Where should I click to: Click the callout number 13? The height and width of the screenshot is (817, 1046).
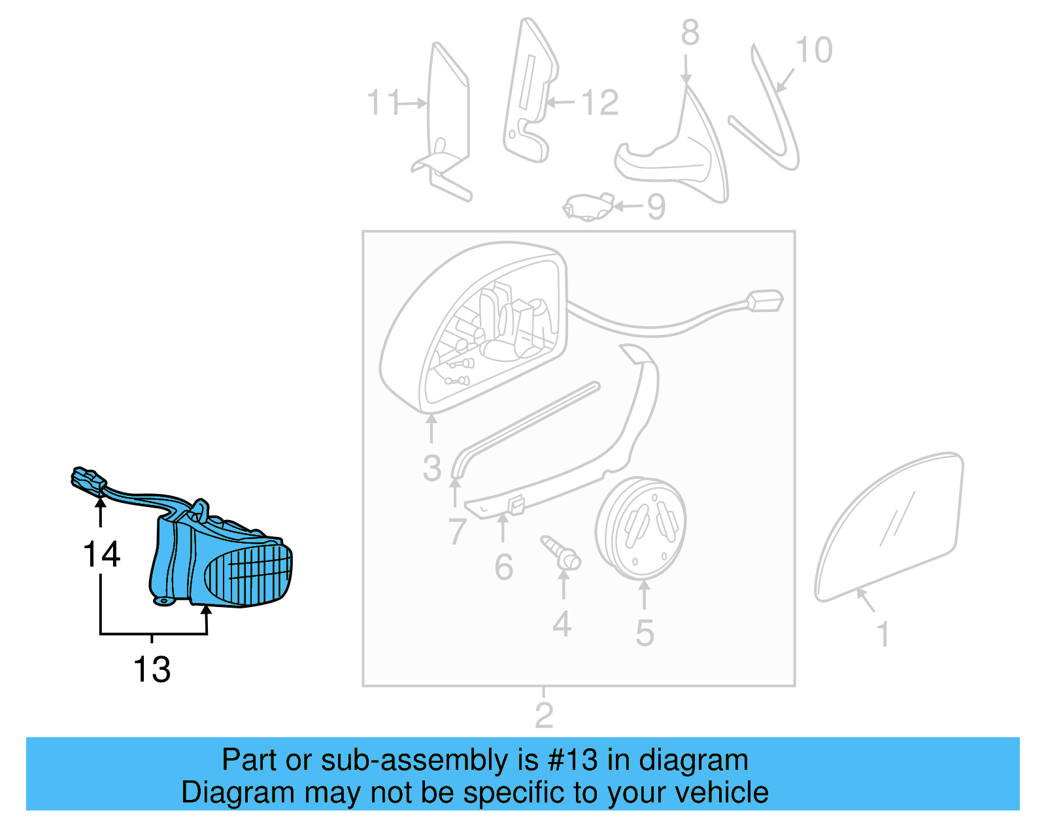152,669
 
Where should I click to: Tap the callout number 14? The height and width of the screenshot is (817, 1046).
101,554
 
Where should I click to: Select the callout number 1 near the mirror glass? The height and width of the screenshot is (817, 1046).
883,634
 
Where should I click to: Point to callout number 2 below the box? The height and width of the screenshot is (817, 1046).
544,715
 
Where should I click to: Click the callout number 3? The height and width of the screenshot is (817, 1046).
431,468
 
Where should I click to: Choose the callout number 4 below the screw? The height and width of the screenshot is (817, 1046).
562,624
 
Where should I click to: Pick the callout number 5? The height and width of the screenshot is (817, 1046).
645,633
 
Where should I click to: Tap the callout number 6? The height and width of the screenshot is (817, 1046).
503,566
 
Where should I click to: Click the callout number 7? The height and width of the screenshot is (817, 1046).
457,531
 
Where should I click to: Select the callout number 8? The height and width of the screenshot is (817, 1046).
690,33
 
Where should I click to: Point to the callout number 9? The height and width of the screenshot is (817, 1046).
656,207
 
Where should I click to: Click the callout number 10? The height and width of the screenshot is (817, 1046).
814,50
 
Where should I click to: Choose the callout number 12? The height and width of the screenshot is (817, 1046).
599,103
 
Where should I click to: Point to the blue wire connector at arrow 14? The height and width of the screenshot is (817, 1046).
87,479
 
